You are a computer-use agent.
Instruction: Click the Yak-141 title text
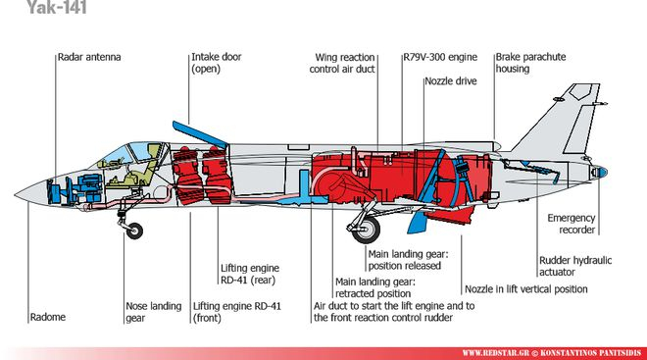[x=57, y=7]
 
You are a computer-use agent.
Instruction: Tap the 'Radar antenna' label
[x=89, y=57]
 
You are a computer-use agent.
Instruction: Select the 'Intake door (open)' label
[x=217, y=63]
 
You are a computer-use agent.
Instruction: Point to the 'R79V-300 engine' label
[x=440, y=57]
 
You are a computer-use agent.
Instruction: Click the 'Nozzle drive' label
[x=451, y=80]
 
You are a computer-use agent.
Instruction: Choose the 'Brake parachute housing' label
[x=530, y=63]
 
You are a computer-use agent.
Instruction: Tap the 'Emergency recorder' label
[x=572, y=224]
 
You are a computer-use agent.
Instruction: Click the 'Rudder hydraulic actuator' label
[x=575, y=266]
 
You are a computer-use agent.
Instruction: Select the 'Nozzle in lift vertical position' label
[x=526, y=289]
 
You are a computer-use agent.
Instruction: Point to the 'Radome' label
[x=48, y=317]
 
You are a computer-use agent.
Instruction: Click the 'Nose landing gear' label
[x=154, y=312]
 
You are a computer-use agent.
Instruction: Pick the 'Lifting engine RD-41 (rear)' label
[x=250, y=274]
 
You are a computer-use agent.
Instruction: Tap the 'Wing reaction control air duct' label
[x=342, y=63]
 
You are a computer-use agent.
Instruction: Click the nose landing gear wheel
[x=134, y=231]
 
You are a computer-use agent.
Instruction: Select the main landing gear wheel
[x=367, y=230]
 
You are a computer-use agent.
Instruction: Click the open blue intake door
[x=200, y=134]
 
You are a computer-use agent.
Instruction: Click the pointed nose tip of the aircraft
[x=16, y=195]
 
